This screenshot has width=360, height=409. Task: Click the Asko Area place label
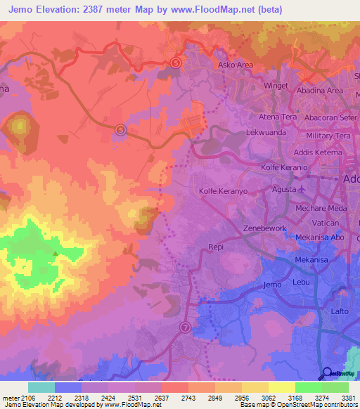click(x=236, y=65)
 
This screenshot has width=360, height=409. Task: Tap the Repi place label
click(x=216, y=247)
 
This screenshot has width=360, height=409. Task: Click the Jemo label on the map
click(x=271, y=285)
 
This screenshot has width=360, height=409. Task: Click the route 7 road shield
click(x=185, y=327)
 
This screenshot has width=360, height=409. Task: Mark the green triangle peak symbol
click(x=55, y=254)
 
